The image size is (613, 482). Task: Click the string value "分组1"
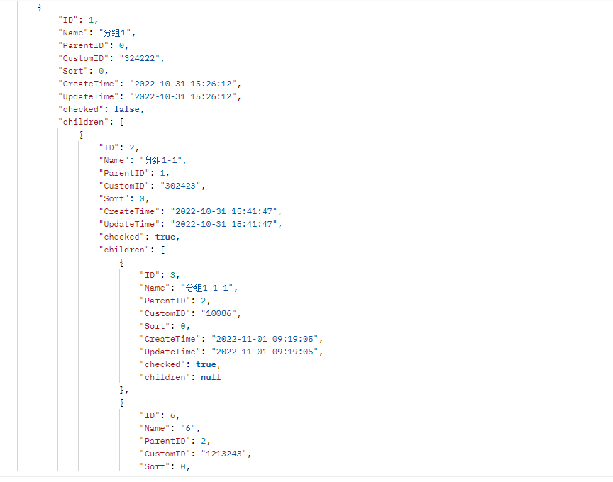(x=121, y=33)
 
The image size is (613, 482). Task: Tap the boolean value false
(x=128, y=109)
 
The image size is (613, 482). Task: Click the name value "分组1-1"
(x=165, y=160)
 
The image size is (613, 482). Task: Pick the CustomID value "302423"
(x=182, y=186)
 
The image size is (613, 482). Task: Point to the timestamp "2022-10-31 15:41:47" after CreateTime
(x=221, y=211)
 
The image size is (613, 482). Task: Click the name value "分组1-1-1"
(x=211, y=288)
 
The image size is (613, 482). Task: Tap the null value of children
(x=211, y=377)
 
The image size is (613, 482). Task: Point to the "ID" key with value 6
(x=150, y=415)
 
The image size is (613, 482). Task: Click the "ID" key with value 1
(x=67, y=20)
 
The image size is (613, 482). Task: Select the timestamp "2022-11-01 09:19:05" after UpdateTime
(x=262, y=352)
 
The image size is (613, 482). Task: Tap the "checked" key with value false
(x=83, y=109)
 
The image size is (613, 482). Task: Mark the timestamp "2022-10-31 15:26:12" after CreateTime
(x=180, y=84)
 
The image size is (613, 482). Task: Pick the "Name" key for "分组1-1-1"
(x=155, y=288)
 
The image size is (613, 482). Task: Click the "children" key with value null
(x=165, y=377)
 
